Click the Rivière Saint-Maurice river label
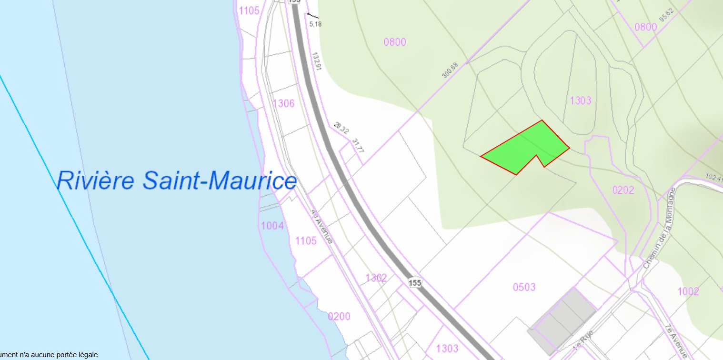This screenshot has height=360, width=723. coord(177,181)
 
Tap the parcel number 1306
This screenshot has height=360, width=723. coord(283,104)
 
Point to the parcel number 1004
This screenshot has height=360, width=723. coord(273,225)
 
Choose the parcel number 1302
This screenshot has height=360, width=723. coord(376,278)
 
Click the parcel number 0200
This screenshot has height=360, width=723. coord(339,317)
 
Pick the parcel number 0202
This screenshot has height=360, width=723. coord(623,190)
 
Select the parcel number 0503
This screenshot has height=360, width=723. coord(524,287)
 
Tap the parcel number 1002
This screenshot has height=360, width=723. coord(688,291)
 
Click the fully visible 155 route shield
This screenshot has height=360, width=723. coord(415,283)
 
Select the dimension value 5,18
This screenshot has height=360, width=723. coord(315,23)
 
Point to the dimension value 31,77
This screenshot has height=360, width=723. coord(358,145)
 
